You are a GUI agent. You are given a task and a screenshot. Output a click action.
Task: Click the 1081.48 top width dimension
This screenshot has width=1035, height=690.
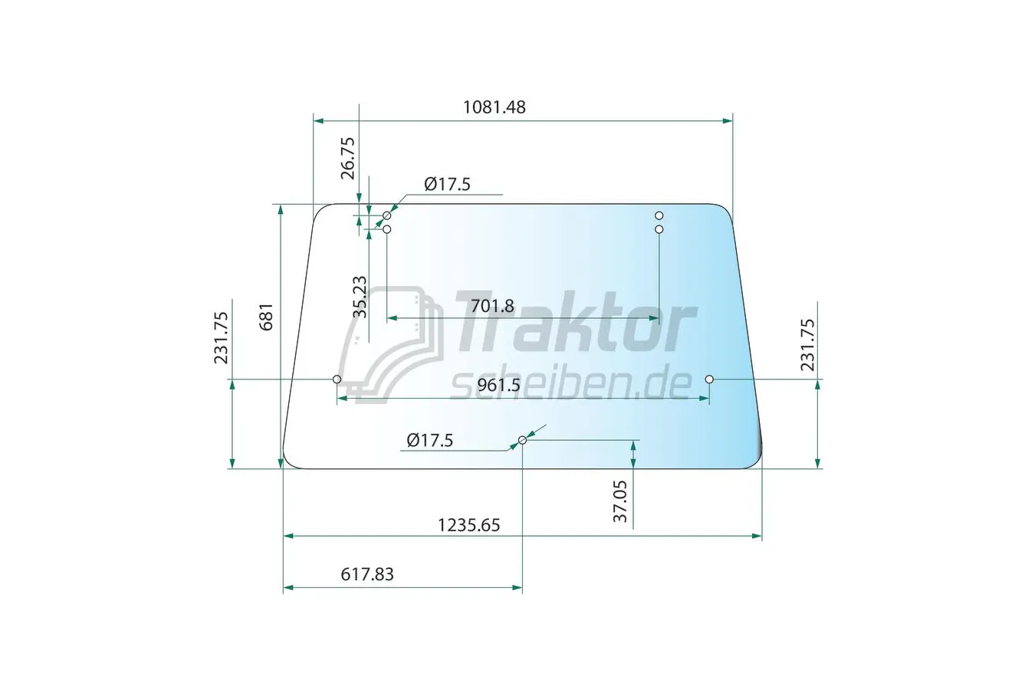click(494, 107)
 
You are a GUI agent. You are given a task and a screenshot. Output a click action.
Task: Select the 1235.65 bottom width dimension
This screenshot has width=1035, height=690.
click(468, 525)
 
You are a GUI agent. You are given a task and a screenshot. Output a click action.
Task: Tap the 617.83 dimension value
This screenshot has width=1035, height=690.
click(367, 574)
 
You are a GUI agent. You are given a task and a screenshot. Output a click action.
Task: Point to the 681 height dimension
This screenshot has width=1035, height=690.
click(267, 317)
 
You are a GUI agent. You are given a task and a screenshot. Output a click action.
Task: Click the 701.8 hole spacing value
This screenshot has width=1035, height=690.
click(492, 306)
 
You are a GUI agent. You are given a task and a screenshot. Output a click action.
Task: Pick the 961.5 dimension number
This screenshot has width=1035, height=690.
click(498, 385)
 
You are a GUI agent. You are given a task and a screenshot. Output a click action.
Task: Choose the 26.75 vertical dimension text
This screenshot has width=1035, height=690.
click(348, 158)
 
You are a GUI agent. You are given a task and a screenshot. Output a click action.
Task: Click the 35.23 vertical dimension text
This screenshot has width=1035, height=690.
click(360, 297)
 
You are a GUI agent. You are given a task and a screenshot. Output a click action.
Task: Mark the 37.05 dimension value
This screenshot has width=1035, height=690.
click(620, 501)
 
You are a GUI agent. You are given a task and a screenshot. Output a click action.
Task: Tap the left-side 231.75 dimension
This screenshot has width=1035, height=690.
click(221, 338)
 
